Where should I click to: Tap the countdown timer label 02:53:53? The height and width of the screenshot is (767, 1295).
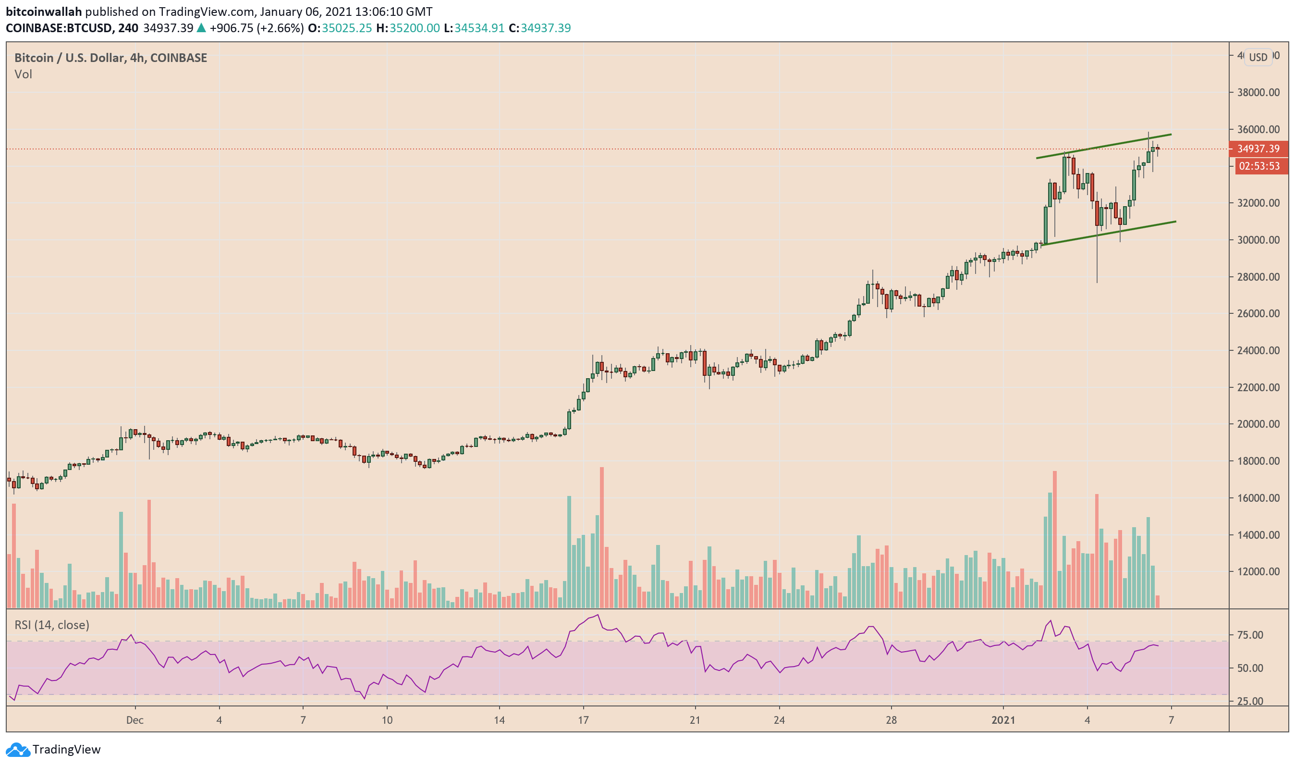click(x=1259, y=166)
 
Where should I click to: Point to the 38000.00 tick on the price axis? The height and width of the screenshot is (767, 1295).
click(x=1258, y=93)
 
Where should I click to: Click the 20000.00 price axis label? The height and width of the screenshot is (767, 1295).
click(x=1258, y=424)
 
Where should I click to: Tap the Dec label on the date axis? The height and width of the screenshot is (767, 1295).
click(x=135, y=720)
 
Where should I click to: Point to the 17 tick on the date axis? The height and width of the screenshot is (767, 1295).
click(x=583, y=720)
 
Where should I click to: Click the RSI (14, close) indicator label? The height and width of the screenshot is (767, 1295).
click(x=52, y=625)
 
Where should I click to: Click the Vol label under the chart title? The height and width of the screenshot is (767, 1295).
click(x=23, y=74)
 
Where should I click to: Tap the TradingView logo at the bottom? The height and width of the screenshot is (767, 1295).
click(x=54, y=749)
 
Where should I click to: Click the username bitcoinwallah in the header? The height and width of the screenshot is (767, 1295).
click(x=44, y=12)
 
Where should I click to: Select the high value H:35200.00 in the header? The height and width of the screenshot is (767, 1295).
click(x=408, y=28)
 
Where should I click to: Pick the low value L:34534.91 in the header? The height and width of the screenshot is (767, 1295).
click(x=474, y=28)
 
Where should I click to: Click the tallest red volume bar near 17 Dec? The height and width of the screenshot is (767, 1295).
click(x=602, y=537)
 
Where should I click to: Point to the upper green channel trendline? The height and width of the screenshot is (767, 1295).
click(x=1105, y=146)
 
